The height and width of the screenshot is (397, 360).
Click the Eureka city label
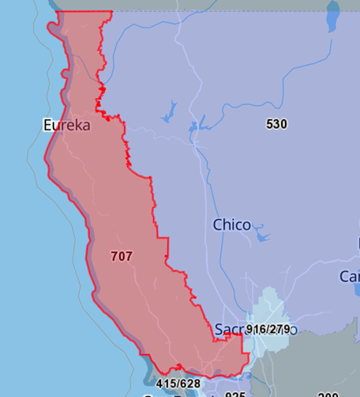click(x=66, y=125)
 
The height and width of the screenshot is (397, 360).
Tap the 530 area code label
click(x=276, y=124)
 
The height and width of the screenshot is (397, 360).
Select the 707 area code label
click(x=122, y=256)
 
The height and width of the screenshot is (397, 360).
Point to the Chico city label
click(x=232, y=225)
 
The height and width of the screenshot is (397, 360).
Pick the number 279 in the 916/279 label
click(x=279, y=328)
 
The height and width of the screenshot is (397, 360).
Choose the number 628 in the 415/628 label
click(x=190, y=384)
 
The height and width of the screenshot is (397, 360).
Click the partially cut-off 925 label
click(x=235, y=394)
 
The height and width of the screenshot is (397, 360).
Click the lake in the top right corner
click(x=333, y=15)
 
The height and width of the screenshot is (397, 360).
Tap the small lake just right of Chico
click(x=262, y=235)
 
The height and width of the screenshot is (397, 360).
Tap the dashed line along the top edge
click(x=237, y=12)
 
